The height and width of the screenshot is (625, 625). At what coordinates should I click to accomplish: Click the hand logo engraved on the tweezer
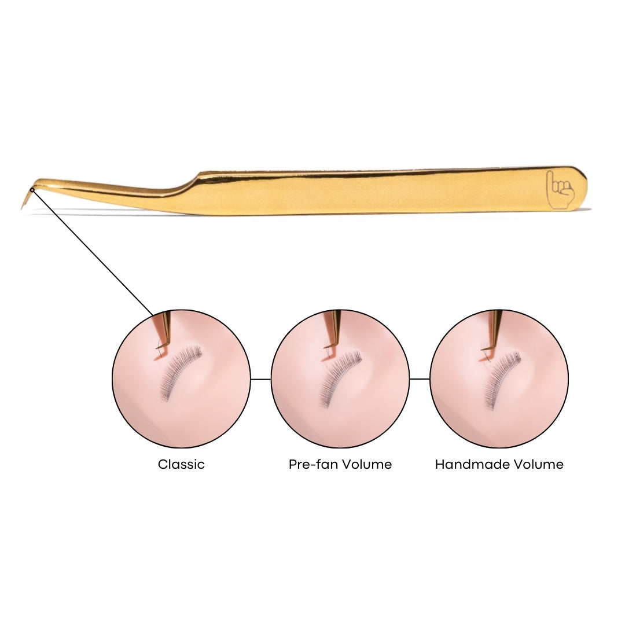[x=560, y=189]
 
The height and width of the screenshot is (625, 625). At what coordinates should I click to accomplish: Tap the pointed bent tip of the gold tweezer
[x=21, y=208]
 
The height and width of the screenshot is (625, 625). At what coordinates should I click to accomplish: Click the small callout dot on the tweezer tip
[x=32, y=190]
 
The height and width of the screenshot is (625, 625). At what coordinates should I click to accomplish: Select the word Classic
[x=181, y=464]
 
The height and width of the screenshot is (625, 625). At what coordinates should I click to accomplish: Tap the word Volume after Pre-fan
[x=367, y=464]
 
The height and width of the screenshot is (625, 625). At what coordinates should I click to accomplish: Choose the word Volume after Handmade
[x=538, y=464]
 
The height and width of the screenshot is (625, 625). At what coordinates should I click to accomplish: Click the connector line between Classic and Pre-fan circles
[x=260, y=379]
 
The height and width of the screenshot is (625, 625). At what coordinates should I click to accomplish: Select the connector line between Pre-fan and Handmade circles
[x=420, y=379]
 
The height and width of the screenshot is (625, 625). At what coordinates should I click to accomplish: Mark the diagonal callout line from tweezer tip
[x=93, y=253]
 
